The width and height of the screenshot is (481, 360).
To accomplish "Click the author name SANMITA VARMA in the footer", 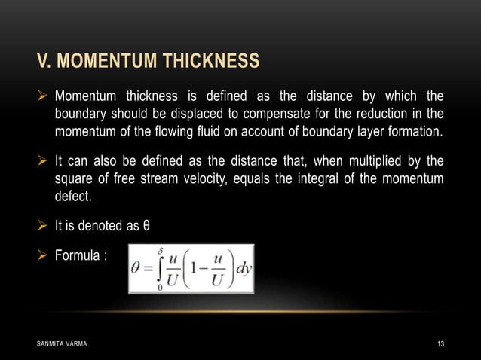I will pyautogui.click(x=61, y=344).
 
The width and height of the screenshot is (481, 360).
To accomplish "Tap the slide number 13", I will pyautogui.click(x=440, y=344).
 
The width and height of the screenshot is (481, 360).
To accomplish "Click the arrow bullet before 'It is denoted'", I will pyautogui.click(x=42, y=225).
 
